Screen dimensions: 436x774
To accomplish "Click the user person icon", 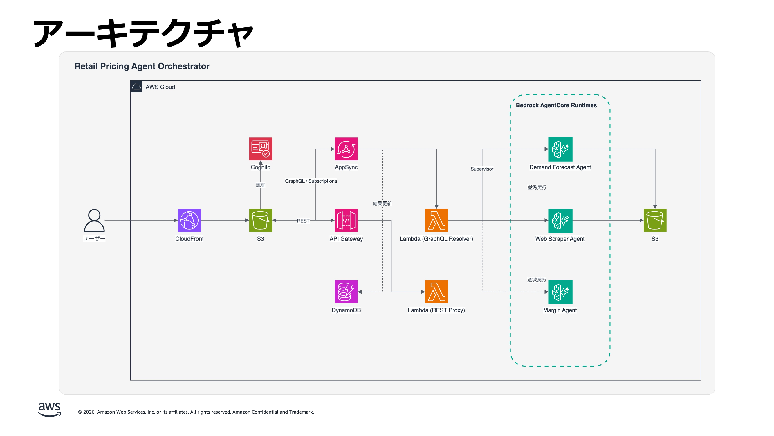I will [x=94, y=220].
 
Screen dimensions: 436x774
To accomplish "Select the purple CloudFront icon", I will [x=189, y=220].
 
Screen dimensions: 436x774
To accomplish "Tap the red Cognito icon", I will [x=261, y=149].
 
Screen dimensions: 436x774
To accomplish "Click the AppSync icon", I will [x=346, y=149].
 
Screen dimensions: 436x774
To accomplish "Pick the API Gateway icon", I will [x=346, y=220].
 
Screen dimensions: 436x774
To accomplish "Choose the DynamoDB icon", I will [x=346, y=292].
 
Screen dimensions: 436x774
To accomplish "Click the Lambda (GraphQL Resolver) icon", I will [x=436, y=220].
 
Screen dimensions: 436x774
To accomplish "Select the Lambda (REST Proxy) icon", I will [x=436, y=292].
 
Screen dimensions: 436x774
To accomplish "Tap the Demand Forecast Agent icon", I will [x=560, y=149].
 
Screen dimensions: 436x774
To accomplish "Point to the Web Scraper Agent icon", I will [x=560, y=221].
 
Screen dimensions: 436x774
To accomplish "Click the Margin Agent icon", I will [x=560, y=292].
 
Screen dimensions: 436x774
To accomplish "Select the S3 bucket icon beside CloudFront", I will [x=261, y=220].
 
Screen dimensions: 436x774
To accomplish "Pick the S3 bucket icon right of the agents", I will [x=655, y=220].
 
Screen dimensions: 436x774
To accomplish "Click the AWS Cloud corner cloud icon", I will [x=136, y=87].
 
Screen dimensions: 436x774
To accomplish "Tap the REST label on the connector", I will [x=303, y=221].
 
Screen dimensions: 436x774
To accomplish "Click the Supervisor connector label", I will [x=482, y=169].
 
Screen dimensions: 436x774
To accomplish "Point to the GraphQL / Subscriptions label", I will [x=311, y=181].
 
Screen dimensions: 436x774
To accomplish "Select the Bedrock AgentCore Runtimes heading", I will [x=556, y=105].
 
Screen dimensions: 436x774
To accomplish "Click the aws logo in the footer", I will [x=49, y=409].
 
